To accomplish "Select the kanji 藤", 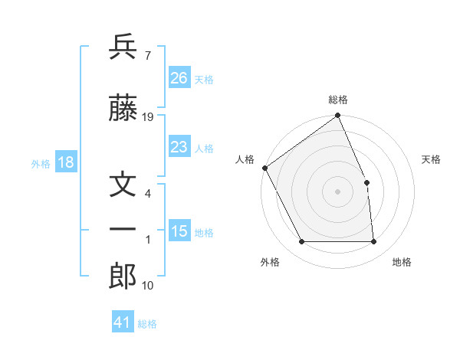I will tap(123, 109).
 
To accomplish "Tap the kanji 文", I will tap(123, 187).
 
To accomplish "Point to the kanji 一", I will tap(123, 228).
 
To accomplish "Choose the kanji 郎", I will tap(123, 277).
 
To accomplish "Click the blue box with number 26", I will tap(179, 78).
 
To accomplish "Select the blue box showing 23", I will tap(179, 147).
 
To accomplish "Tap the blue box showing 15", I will tap(179, 231).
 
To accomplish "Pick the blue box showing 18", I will tap(65, 162).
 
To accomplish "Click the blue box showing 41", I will tap(123, 322).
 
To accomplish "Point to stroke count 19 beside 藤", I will tap(148, 117).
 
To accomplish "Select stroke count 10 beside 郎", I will tap(147, 286).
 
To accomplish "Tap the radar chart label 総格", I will tap(338, 100).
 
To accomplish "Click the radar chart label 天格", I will tap(432, 159).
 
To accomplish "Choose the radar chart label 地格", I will tap(402, 262).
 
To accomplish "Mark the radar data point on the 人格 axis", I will tap(264, 168).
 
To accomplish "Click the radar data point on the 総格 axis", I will tap(337, 116).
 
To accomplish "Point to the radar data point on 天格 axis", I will tap(366, 182).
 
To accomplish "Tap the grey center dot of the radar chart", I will tap(337, 191).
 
